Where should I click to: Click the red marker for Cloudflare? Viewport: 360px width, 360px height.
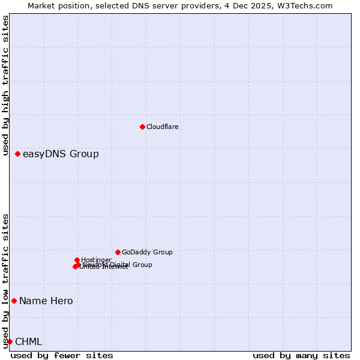click(x=142, y=127)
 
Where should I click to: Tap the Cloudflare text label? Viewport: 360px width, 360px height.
click(x=162, y=127)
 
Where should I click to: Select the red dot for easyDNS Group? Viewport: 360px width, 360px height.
click(x=18, y=154)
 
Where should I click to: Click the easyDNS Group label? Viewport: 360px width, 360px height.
click(x=61, y=154)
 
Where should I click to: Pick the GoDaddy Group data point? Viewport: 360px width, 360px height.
click(x=118, y=252)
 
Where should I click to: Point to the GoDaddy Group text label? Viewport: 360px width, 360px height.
click(x=147, y=253)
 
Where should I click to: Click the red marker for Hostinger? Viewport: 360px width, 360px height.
click(x=77, y=260)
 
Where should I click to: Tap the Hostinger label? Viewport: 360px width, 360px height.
click(x=96, y=260)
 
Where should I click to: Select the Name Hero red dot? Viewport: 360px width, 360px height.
click(x=14, y=301)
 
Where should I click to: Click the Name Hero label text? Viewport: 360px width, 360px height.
click(x=46, y=301)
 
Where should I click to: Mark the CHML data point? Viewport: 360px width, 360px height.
click(x=10, y=341)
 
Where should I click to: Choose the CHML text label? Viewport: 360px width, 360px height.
click(x=29, y=342)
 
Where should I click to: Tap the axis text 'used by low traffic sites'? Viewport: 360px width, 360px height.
click(x=6, y=281)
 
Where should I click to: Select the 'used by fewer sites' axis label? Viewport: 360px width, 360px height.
click(x=62, y=355)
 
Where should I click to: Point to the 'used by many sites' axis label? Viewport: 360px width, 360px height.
click(x=301, y=355)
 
